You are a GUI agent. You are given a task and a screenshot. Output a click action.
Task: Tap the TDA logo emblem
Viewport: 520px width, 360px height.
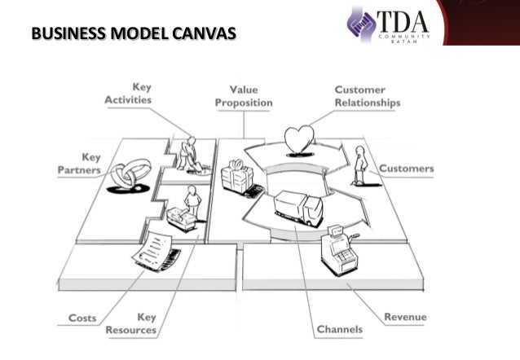(361, 24)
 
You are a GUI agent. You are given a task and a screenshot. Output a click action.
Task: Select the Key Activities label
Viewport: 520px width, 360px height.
(128, 93)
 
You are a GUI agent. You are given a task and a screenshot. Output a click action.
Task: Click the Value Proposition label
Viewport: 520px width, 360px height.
(243, 96)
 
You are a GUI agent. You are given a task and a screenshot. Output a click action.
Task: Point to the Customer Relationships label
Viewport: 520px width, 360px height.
(367, 96)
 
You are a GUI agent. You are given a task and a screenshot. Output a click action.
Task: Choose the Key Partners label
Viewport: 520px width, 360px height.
(80, 163)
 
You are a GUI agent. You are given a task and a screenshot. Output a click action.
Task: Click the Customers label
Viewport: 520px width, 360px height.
(406, 169)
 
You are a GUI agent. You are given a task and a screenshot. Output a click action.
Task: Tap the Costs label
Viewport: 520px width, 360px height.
(82, 318)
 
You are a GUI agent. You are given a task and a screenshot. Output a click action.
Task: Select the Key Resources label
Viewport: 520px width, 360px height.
(134, 323)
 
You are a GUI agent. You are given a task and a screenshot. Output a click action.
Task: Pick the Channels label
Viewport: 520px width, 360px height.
(339, 329)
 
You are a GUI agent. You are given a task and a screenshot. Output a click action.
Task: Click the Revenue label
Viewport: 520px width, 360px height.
(405, 317)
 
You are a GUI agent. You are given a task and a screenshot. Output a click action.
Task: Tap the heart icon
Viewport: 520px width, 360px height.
(299, 138)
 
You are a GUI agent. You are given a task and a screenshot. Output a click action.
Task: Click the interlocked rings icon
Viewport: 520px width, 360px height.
(130, 174)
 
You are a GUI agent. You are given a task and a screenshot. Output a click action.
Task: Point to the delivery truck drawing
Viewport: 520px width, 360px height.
(298, 208)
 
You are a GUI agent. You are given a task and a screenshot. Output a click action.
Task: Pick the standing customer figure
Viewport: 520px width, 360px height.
(359, 165)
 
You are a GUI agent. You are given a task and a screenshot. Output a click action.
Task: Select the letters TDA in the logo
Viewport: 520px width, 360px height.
(402, 18)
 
